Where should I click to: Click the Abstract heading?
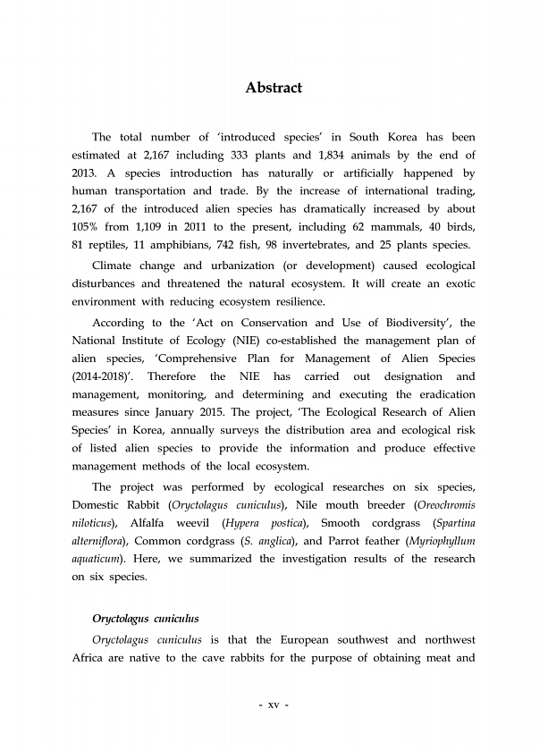274,88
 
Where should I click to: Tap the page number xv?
274,705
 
